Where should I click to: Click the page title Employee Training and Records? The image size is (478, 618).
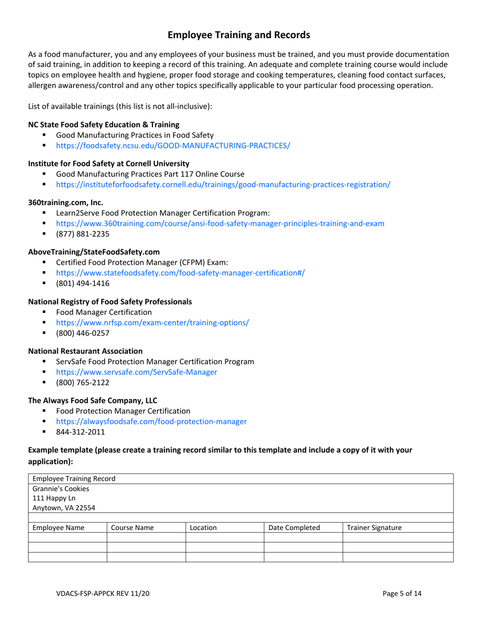238,35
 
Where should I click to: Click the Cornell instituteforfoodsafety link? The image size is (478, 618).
223,184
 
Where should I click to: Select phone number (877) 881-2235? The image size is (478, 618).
83,234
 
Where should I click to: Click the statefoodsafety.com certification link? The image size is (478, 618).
180,273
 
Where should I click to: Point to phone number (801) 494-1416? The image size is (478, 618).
83,283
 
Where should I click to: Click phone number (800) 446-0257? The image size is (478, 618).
83,333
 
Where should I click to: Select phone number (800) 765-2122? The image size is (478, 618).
83,382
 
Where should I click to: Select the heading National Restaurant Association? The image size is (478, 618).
85,351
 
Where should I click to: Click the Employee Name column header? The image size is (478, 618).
58,528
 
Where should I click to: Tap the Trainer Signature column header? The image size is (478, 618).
374,528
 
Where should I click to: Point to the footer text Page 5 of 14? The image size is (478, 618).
402,593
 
